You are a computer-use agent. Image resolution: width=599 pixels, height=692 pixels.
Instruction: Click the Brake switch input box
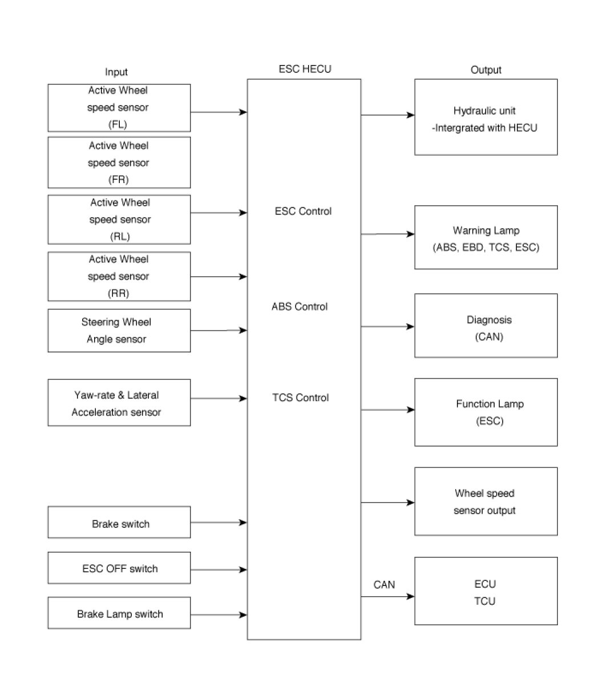pyautogui.click(x=119, y=522)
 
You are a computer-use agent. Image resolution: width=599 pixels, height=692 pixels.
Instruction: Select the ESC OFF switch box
pyautogui.click(x=119, y=568)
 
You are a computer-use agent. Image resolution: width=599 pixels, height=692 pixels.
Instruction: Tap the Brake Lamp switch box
pyautogui.click(x=119, y=613)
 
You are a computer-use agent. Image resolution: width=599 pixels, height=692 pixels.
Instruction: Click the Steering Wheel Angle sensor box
pyautogui.click(x=119, y=330)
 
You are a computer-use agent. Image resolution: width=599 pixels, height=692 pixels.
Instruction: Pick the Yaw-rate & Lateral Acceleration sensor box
pyautogui.click(x=119, y=402)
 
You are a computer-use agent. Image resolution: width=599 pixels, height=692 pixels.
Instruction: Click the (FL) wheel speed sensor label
pyautogui.click(x=118, y=124)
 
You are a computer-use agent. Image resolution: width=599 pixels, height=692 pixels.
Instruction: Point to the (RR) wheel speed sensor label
pyautogui.click(x=118, y=293)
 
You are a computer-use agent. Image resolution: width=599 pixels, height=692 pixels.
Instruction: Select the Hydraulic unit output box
pyautogui.click(x=486, y=117)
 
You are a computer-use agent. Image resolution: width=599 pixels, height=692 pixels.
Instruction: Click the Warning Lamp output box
pyautogui.click(x=486, y=237)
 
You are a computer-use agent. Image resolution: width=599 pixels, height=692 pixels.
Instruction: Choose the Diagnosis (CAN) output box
pyautogui.click(x=486, y=325)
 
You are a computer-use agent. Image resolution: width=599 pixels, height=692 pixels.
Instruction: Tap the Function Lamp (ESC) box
pyautogui.click(x=486, y=412)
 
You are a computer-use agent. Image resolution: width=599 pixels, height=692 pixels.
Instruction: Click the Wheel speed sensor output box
pyautogui.click(x=486, y=501)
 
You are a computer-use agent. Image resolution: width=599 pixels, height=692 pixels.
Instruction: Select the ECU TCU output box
pyautogui.click(x=486, y=591)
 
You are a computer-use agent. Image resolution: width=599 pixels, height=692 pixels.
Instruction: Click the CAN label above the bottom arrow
pyautogui.click(x=384, y=585)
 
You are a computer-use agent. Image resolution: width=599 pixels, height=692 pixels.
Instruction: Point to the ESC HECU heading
pyautogui.click(x=305, y=69)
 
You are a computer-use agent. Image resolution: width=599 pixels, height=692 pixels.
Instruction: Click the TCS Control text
pyautogui.click(x=300, y=398)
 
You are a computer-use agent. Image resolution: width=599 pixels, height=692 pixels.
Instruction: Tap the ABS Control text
pyautogui.click(x=299, y=306)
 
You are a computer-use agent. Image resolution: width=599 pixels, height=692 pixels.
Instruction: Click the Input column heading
pyautogui.click(x=116, y=72)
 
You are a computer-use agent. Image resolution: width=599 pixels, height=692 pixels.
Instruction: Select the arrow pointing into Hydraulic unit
pyautogui.click(x=388, y=115)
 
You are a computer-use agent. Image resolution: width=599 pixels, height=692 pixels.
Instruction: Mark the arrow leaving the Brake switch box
pyautogui.click(x=219, y=522)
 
